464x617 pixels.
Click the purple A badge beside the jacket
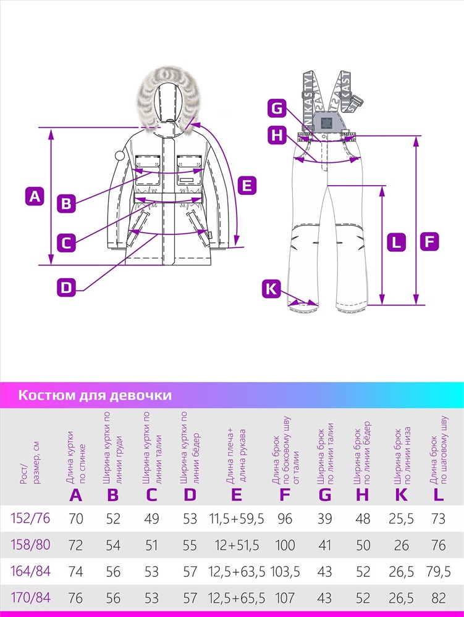coord(35,196)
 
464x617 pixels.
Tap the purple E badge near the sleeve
coord(247,185)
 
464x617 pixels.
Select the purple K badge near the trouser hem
coord(271,289)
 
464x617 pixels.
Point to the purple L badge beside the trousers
coord(396,242)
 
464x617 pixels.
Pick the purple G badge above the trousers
coord(277,107)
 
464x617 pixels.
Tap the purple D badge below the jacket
coord(66,288)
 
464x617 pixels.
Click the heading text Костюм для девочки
coord(95,395)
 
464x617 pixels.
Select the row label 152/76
coord(31,518)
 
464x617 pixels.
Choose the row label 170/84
coord(31,598)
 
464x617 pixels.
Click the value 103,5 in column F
coord(285,571)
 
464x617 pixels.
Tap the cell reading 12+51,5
coord(237,545)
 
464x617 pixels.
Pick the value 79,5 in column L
coord(439,571)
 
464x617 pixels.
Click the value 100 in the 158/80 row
coord(285,545)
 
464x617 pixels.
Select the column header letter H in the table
coord(363,495)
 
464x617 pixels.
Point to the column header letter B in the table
coord(113,495)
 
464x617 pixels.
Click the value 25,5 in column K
coord(401,519)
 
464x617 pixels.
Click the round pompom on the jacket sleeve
coord(119,155)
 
